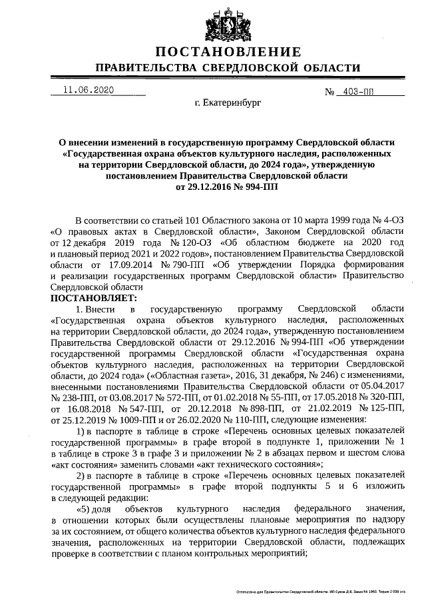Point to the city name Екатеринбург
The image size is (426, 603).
click(x=228, y=104)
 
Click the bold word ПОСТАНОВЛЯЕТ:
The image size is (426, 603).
click(x=93, y=297)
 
